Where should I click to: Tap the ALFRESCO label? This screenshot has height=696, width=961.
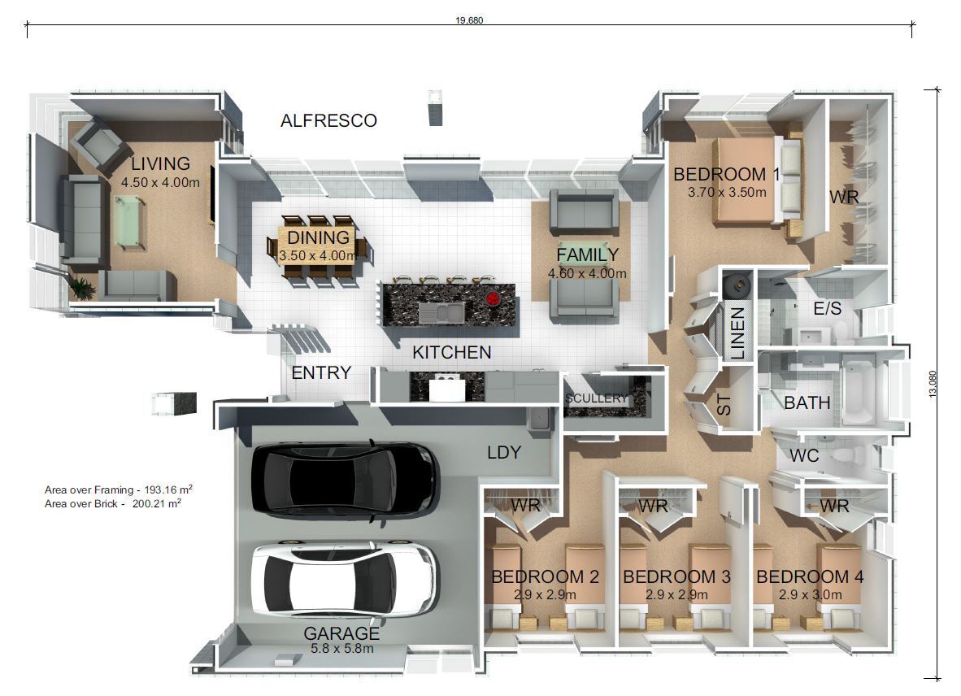click(328, 121)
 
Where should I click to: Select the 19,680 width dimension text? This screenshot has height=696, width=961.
click(469, 21)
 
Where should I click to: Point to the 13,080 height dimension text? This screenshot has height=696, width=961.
click(932, 384)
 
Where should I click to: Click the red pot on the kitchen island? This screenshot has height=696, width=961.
click(492, 298)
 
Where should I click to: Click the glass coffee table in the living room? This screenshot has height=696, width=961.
click(128, 221)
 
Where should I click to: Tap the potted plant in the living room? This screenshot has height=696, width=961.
click(81, 287)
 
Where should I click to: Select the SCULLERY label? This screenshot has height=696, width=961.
click(597, 398)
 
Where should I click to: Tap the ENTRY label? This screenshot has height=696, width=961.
click(321, 373)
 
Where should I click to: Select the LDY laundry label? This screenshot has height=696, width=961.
click(503, 453)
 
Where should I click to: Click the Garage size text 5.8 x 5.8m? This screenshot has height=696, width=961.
click(341, 649)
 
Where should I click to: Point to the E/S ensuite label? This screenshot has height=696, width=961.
click(827, 309)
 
